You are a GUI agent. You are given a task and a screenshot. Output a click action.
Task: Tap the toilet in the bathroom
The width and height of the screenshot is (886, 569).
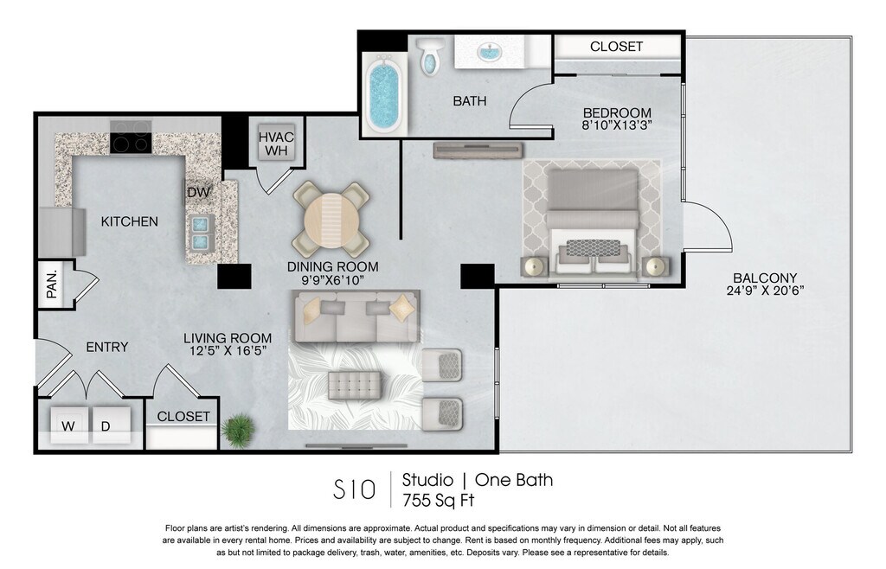[x=431, y=56]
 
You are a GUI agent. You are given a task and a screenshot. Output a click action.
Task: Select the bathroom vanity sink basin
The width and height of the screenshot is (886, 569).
[x=490, y=54]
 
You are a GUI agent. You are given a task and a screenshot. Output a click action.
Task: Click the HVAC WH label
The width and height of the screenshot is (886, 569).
[x=276, y=144]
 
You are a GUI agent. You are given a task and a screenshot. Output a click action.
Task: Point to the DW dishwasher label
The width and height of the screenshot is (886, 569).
[x=198, y=193]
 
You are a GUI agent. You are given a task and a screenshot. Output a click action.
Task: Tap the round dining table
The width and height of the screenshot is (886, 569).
[x=331, y=220]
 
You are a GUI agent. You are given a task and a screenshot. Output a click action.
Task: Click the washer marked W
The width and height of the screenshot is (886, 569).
[x=68, y=425]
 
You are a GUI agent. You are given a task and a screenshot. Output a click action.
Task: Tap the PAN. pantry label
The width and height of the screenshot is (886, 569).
[x=51, y=284]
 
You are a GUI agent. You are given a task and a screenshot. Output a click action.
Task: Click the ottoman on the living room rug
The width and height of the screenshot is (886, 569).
[x=355, y=385]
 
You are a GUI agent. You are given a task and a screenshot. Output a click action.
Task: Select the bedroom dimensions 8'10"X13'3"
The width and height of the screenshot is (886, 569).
[x=617, y=125]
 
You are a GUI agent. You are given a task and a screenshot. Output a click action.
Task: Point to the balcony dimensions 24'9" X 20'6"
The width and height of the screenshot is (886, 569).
[x=765, y=291]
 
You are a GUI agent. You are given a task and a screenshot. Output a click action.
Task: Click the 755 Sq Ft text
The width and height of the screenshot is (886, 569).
[x=438, y=500]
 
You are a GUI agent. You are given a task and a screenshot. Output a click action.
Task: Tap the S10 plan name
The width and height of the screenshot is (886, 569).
[x=354, y=489]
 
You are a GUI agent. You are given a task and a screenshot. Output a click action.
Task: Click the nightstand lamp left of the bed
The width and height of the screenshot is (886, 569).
[x=533, y=265]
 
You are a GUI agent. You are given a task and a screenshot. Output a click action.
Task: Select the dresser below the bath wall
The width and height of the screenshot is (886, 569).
[x=478, y=150]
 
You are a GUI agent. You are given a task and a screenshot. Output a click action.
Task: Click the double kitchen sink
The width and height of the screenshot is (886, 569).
[x=200, y=233]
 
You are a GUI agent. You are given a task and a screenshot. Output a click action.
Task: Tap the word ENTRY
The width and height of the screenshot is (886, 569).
[x=106, y=347]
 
